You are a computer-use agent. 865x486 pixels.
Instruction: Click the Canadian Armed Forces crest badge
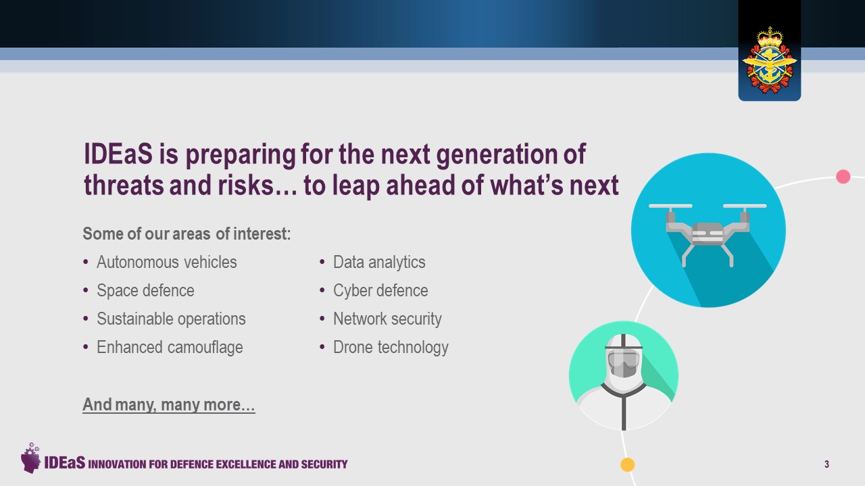coord(769,61)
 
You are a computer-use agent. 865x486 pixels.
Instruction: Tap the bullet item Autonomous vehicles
coord(166,263)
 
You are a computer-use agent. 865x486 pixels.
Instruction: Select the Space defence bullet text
coord(145,290)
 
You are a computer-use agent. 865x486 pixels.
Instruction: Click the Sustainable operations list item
coord(171,319)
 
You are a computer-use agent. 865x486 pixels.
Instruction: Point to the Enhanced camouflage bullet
coord(170,347)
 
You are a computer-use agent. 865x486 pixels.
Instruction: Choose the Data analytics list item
coord(379,263)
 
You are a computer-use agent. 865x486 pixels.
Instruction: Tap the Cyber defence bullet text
coord(380,290)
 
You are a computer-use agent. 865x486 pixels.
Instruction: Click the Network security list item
coord(387,319)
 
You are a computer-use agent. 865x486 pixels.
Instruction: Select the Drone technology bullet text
coord(391,347)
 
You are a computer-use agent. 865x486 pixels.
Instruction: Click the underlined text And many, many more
coord(169,404)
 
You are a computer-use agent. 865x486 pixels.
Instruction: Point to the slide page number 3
coord(826,464)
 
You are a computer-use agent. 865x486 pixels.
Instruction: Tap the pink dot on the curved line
coord(843,177)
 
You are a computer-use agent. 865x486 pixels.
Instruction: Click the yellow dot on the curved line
coord(628,464)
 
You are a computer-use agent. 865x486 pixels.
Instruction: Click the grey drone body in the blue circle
coord(708,234)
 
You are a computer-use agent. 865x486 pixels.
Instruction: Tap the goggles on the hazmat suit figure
coord(623,360)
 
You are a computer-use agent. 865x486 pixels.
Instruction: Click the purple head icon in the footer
coord(30,458)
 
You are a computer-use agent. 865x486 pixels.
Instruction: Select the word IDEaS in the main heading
coord(118,153)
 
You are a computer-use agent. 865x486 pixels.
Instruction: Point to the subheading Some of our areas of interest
coord(187,234)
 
